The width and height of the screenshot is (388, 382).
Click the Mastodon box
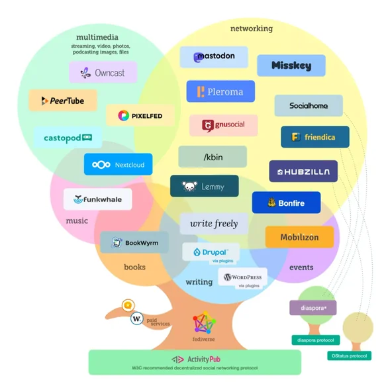[214, 57]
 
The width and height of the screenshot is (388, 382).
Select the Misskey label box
[291, 66]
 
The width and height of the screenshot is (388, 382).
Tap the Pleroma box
[220, 91]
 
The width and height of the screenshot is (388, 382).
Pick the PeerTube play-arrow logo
[44, 101]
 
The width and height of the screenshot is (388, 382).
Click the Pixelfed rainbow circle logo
[123, 116]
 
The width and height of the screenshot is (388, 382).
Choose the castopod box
[68, 138]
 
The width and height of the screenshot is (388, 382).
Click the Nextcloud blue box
[119, 164]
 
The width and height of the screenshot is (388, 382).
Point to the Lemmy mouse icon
[189, 186]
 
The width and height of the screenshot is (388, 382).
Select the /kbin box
[213, 157]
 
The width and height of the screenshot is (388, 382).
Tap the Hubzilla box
[303, 171]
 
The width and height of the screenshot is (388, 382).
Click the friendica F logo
[296, 137]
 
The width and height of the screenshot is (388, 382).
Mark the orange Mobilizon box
[300, 237]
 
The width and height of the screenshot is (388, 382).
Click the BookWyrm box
[134, 242]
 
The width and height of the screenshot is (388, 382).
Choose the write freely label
[214, 224]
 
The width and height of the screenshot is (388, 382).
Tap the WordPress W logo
[227, 277]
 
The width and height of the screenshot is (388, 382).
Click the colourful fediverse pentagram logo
[205, 322]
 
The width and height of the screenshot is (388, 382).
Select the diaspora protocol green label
[316, 340]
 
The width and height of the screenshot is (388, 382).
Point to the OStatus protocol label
[350, 356]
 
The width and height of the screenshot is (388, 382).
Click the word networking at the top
[252, 28]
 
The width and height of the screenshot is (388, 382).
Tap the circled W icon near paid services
[137, 318]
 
